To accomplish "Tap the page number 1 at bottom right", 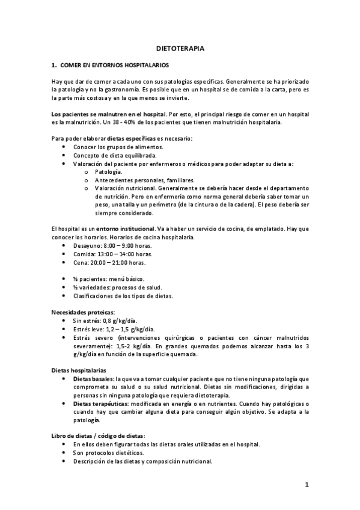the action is pos(306,485).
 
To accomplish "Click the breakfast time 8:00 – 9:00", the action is pos(119,247).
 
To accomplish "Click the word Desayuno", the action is pos(87,247).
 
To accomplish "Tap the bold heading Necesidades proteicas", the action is pos(82,313).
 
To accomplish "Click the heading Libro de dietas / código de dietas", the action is pos(99,435).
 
